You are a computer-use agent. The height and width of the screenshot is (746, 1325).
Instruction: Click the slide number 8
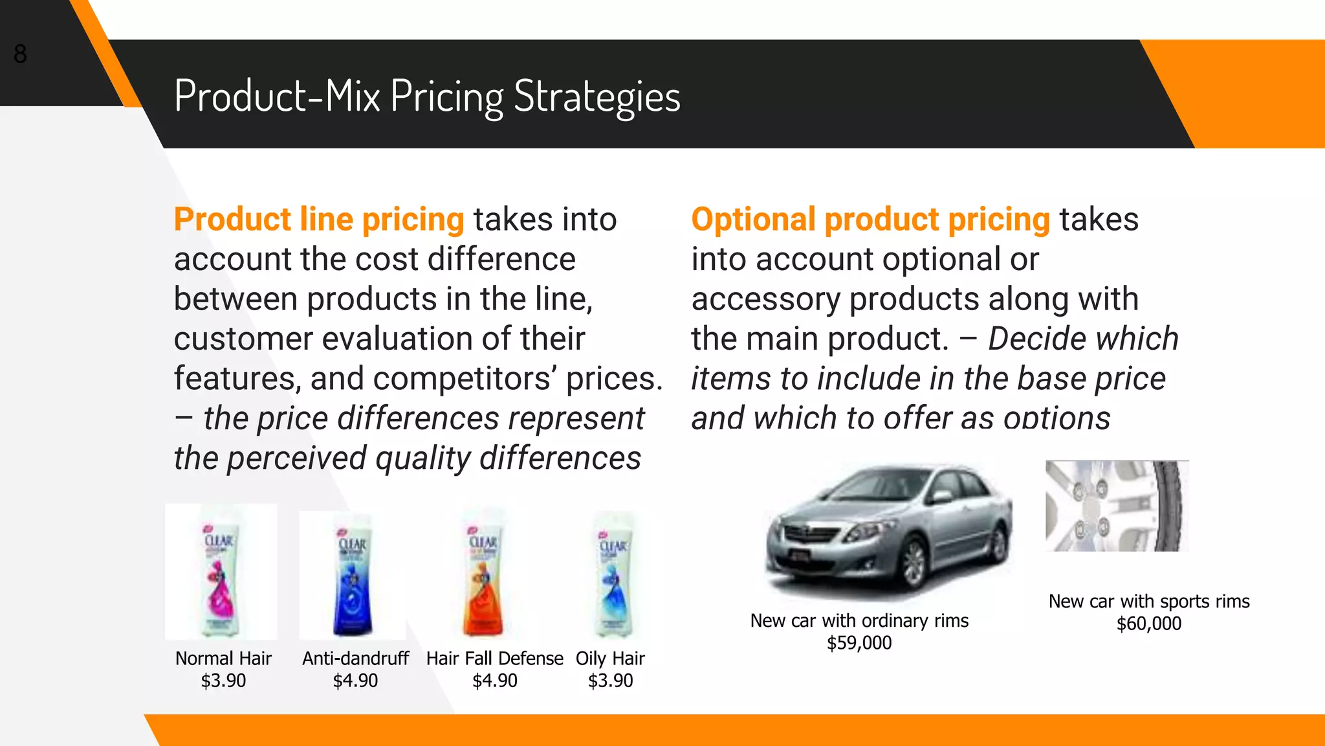(20, 54)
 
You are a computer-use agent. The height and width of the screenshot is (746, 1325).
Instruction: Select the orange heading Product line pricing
(319, 220)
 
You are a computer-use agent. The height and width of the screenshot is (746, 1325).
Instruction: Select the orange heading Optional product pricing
(870, 220)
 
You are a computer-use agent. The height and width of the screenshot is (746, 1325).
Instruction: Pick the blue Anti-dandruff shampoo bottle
(353, 580)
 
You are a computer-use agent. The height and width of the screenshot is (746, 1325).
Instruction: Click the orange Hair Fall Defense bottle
(483, 580)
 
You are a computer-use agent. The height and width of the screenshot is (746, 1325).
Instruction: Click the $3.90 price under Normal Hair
(223, 681)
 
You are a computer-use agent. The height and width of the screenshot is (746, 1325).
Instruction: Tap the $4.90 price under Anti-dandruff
(355, 681)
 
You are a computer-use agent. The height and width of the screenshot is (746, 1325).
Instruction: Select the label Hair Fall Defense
(494, 659)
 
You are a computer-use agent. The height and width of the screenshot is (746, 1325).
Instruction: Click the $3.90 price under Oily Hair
(610, 681)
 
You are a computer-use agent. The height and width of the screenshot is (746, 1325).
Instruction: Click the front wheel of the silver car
(914, 563)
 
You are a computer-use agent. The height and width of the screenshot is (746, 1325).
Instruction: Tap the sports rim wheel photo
(1117, 506)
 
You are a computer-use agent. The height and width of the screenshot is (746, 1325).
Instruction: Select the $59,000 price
(859, 643)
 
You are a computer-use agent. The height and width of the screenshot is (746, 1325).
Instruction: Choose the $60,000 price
(1149, 624)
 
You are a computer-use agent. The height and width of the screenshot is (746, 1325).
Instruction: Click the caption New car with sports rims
(1149, 602)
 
